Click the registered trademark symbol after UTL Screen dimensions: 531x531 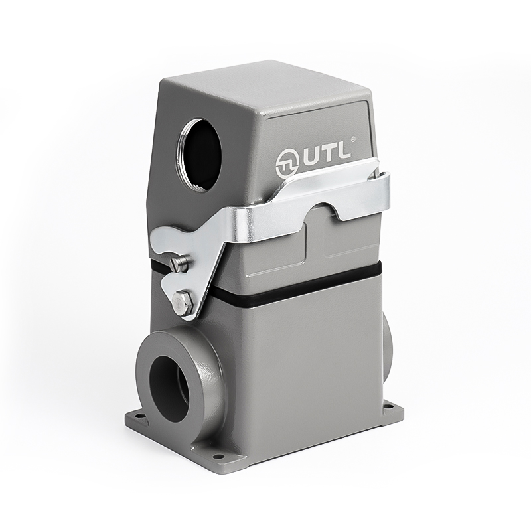[353, 139]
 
